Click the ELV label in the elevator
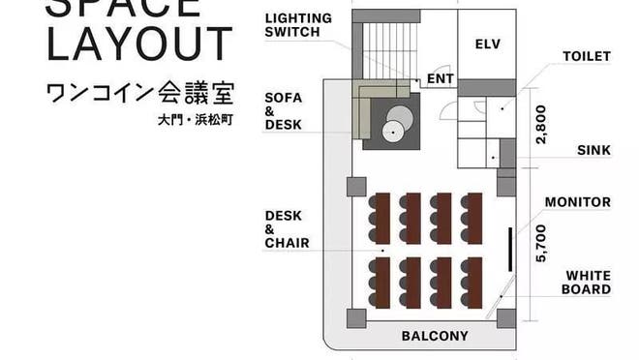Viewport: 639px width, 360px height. (486, 45)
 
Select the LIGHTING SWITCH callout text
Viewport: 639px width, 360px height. (297, 25)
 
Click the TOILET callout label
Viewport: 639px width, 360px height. (587, 56)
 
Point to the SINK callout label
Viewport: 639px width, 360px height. (593, 151)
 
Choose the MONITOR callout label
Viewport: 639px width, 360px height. (577, 202)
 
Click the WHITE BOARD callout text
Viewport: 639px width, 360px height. (588, 282)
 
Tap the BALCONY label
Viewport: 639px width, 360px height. (435, 337)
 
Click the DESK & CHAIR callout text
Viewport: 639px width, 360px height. (287, 229)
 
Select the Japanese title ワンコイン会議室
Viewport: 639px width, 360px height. (139, 94)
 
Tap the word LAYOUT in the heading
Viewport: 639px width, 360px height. (139, 45)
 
